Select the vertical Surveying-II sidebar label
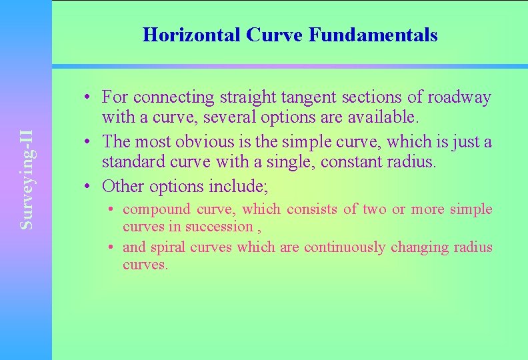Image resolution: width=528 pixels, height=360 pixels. [x=27, y=180]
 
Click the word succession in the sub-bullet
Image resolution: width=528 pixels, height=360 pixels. [x=219, y=227]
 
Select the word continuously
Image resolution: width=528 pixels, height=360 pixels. [x=344, y=247]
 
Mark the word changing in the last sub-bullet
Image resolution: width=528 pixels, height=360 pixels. [x=417, y=247]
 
